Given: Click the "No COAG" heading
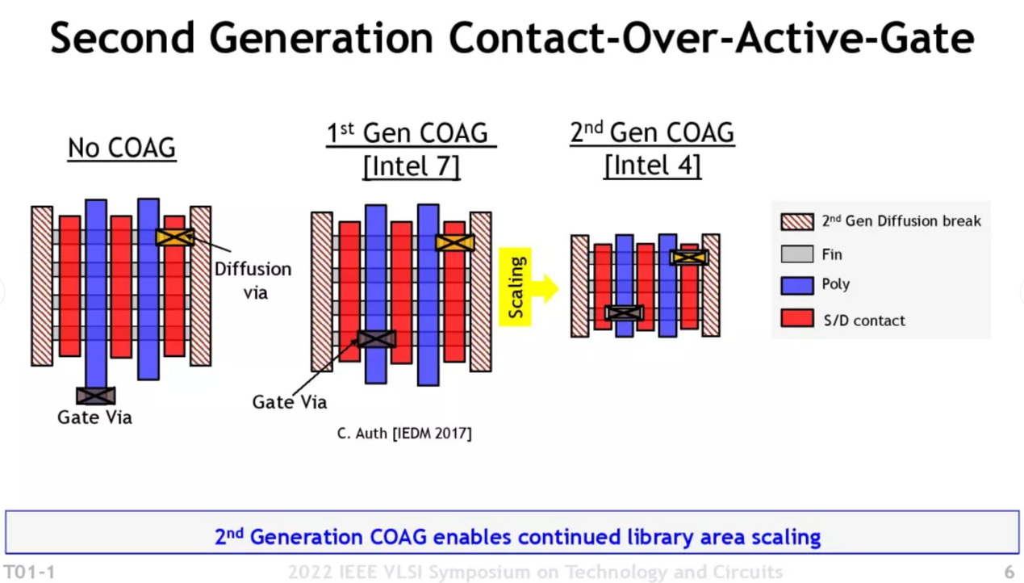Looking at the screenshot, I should (x=122, y=148).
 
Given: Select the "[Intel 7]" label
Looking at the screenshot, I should (x=411, y=166).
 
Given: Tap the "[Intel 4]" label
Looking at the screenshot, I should (x=652, y=166).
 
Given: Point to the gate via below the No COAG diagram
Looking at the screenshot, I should (x=95, y=396).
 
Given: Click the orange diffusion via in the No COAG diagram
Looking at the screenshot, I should (x=175, y=237).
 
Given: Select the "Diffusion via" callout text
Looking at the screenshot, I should (x=253, y=279).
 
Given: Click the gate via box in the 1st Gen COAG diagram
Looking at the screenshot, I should (x=376, y=338).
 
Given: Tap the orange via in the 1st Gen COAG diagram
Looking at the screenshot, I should (x=454, y=242).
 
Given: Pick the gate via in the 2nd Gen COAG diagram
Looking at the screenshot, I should (x=625, y=312).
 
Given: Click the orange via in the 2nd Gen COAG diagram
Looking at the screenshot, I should (x=688, y=258).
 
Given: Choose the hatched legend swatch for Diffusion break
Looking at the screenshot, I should (x=796, y=221).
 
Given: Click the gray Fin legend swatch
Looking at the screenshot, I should (x=796, y=254).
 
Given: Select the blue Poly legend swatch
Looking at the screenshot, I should (x=796, y=285).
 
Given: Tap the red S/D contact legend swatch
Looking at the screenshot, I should (x=796, y=318).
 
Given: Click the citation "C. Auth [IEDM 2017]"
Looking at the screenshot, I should (x=404, y=434).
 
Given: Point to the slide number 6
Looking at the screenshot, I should (x=1009, y=572).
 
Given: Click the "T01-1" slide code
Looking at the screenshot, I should (x=30, y=572).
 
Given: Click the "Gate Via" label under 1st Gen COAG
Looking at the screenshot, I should (x=289, y=401).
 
